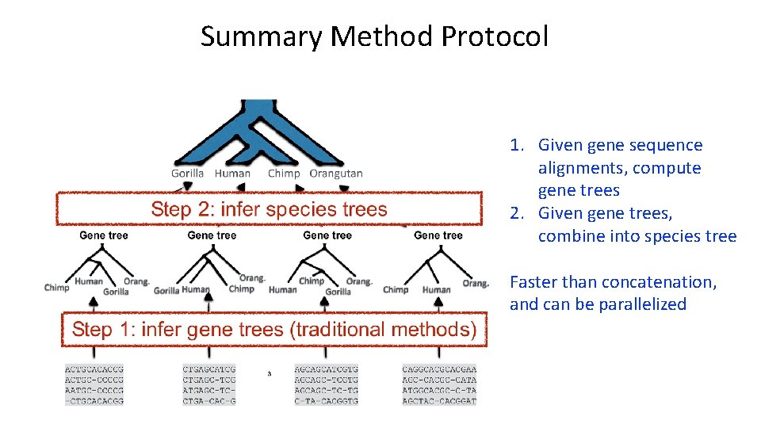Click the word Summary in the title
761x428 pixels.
(x=261, y=36)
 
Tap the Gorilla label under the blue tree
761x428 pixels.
(x=188, y=174)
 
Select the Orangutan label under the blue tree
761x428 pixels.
(x=336, y=174)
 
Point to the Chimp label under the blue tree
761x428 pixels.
(x=284, y=174)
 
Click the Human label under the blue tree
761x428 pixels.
(x=232, y=174)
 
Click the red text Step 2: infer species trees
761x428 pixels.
(x=269, y=209)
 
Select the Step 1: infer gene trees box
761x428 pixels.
(x=274, y=330)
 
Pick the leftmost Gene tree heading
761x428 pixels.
(x=104, y=235)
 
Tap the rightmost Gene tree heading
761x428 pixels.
(x=438, y=235)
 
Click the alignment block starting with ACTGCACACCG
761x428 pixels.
(x=94, y=385)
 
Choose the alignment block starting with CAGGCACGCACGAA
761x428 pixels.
(x=439, y=385)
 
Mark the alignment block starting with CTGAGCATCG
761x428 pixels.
(x=209, y=385)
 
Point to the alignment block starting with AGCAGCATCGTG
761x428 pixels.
(x=326, y=385)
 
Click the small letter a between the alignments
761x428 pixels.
(x=270, y=373)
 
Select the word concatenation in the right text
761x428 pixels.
(x=659, y=282)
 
